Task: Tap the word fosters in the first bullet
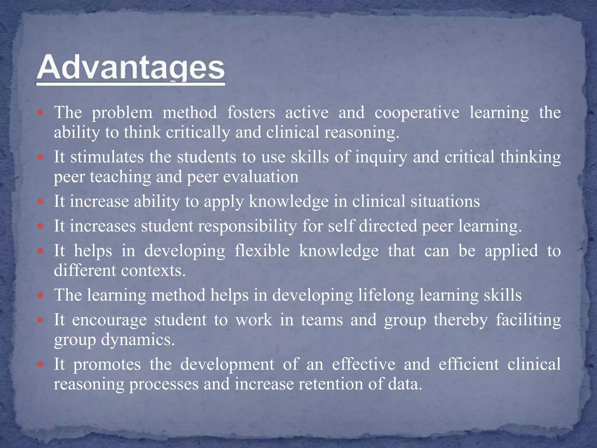(251, 113)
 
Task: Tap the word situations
(445, 202)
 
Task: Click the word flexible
(262, 251)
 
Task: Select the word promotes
(107, 365)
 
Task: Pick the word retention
(331, 384)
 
